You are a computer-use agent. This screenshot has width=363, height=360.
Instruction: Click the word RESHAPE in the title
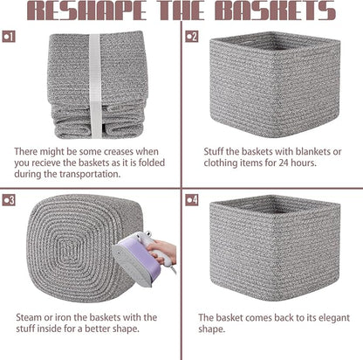(x=86, y=10)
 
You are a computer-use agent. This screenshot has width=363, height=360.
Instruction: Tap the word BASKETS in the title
(x=275, y=10)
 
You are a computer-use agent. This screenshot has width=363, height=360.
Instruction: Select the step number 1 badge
(x=9, y=37)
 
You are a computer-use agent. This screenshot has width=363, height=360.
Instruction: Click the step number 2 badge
(x=192, y=37)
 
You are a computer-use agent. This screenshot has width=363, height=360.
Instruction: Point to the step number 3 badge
(x=9, y=200)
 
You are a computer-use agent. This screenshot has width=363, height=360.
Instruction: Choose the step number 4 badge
(x=192, y=200)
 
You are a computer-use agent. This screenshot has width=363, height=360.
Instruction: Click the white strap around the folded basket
(x=95, y=86)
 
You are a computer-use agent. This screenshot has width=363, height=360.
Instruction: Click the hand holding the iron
(x=162, y=251)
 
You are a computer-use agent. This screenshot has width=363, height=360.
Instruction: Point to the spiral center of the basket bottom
(x=67, y=250)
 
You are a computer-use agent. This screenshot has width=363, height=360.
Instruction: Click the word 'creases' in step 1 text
(x=119, y=152)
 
